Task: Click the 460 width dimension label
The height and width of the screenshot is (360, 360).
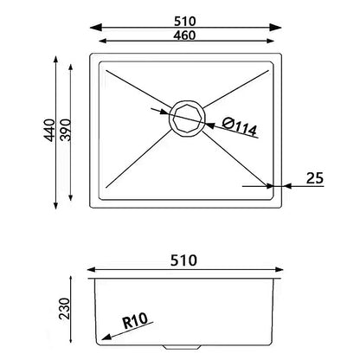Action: (184, 35)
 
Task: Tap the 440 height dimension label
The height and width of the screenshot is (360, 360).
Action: (49, 130)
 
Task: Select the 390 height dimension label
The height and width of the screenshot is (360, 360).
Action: (65, 130)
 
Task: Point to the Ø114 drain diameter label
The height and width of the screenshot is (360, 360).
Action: (240, 126)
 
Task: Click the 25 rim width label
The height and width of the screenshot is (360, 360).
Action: (315, 178)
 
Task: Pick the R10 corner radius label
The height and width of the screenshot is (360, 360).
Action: (135, 321)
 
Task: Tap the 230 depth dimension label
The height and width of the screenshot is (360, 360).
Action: (65, 309)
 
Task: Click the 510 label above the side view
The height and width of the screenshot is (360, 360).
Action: (183, 260)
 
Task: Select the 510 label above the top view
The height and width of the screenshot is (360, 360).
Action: (185, 22)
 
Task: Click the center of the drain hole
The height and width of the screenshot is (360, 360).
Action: (188, 119)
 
